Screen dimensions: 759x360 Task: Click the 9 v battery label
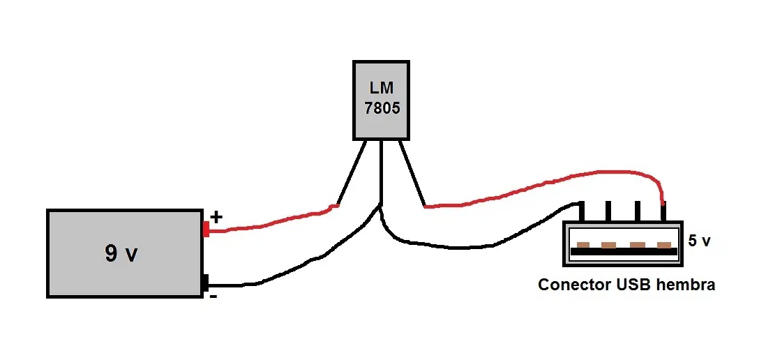[121, 253]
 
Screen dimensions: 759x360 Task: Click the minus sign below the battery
[213, 296]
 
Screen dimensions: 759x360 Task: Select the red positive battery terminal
[206, 229]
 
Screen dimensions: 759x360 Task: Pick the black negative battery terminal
[205, 283]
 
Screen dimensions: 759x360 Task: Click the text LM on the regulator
[382, 88]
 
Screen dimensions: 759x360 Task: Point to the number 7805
[382, 108]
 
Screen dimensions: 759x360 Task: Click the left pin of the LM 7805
[351, 173]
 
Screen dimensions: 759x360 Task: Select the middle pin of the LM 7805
[382, 172]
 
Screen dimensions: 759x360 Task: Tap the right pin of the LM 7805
[412, 173]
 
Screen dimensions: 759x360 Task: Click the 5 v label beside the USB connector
[700, 241]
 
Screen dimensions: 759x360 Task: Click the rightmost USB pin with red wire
[664, 211]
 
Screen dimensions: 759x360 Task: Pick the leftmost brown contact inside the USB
[583, 245]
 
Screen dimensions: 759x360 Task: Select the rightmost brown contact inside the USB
[664, 245]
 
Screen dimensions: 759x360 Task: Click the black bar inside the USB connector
[624, 252]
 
